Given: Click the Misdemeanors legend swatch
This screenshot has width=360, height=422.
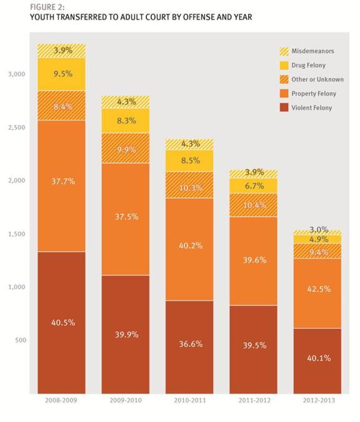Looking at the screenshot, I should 284,51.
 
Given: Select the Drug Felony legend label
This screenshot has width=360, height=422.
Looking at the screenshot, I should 308,65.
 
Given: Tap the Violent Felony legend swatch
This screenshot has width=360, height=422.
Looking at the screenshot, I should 284,108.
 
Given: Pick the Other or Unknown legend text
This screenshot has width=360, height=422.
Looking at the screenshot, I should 317,79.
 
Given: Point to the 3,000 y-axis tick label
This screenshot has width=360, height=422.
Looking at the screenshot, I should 16,74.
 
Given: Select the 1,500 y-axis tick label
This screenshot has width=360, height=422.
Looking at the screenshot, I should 16,234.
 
